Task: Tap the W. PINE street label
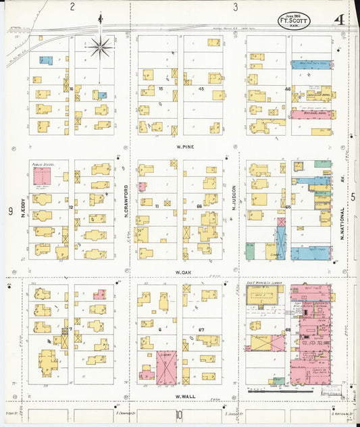181,145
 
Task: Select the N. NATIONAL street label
341,218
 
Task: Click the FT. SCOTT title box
295,20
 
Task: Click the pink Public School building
41,177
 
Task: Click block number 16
71,89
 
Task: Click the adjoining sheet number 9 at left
11,211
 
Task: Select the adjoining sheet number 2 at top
72,7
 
